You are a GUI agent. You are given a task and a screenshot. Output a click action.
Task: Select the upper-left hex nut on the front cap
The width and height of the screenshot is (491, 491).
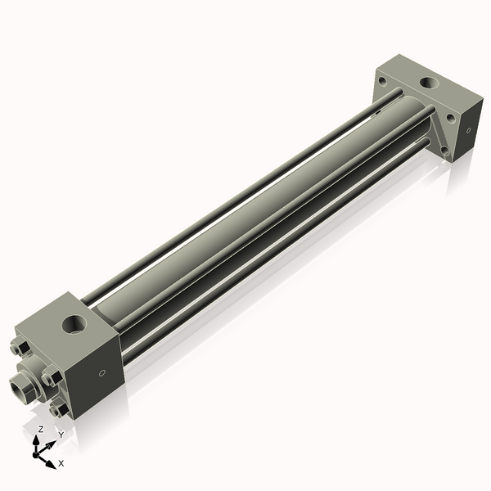[19, 347]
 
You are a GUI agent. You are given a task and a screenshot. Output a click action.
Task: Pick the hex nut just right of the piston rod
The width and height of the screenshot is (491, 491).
[51, 376]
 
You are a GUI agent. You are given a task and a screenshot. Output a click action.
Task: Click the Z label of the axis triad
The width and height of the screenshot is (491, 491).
[40, 429]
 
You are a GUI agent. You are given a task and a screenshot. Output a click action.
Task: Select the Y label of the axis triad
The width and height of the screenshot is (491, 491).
[61, 435]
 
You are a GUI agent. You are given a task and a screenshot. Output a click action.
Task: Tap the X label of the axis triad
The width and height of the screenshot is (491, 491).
[61, 463]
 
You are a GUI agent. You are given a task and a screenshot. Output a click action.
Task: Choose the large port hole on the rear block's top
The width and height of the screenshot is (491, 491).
[427, 83]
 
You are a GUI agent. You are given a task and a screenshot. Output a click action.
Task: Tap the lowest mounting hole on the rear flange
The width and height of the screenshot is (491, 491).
[443, 151]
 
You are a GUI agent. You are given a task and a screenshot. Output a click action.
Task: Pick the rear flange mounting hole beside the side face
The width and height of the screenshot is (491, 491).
[450, 119]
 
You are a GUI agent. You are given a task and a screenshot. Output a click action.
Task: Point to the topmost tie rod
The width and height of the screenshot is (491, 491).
[237, 184]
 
